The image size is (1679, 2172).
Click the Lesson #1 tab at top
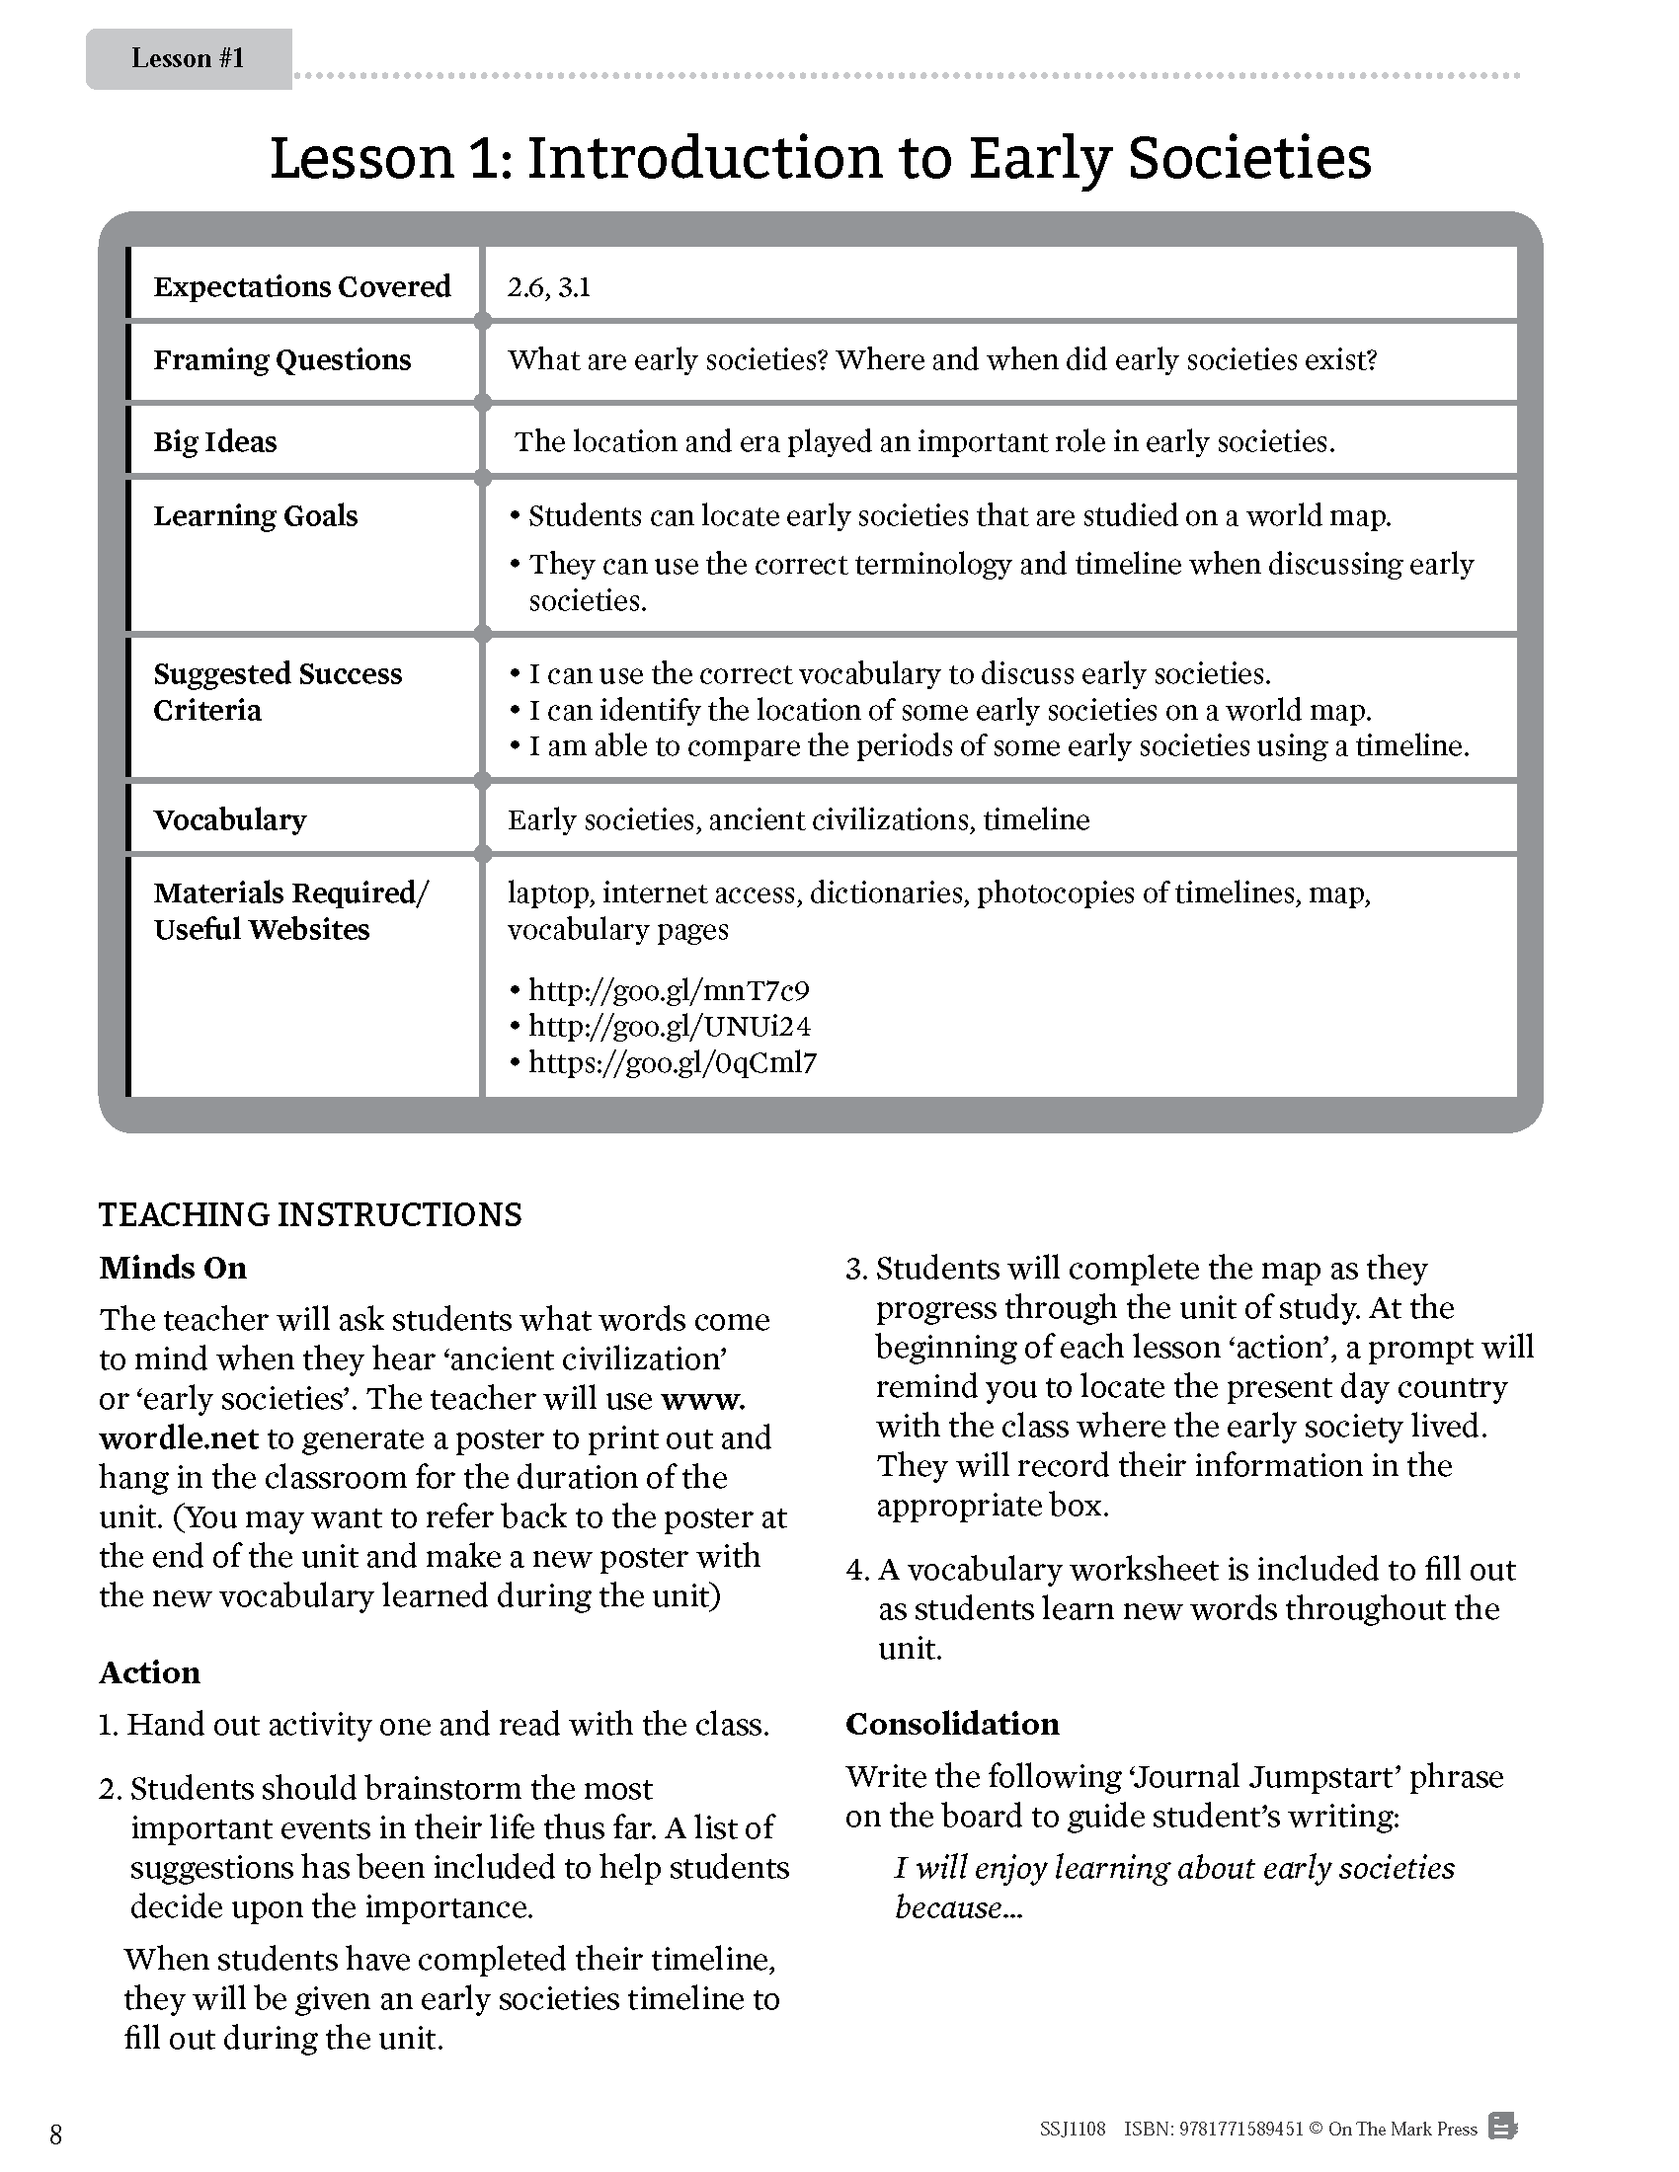point(188,58)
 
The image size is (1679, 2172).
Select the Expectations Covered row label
point(301,286)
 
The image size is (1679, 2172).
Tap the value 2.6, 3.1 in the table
point(548,287)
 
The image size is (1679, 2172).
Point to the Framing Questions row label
point(281,359)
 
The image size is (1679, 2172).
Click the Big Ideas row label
point(215,441)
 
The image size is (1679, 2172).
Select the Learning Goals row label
point(256,515)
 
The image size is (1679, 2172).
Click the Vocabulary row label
point(230,819)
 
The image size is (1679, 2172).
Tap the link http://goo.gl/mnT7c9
point(669,990)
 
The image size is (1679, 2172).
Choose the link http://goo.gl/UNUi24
point(670,1027)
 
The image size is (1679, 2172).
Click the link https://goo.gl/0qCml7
point(673,1062)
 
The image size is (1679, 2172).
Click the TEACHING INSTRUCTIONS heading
point(310,1214)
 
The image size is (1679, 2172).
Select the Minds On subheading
point(173,1268)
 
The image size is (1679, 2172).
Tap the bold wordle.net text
point(179,1438)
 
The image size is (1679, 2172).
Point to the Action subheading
point(149,1671)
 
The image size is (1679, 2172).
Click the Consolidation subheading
point(952,1724)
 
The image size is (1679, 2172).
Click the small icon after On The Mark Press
point(1502,2128)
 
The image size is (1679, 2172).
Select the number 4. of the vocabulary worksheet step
point(857,1571)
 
